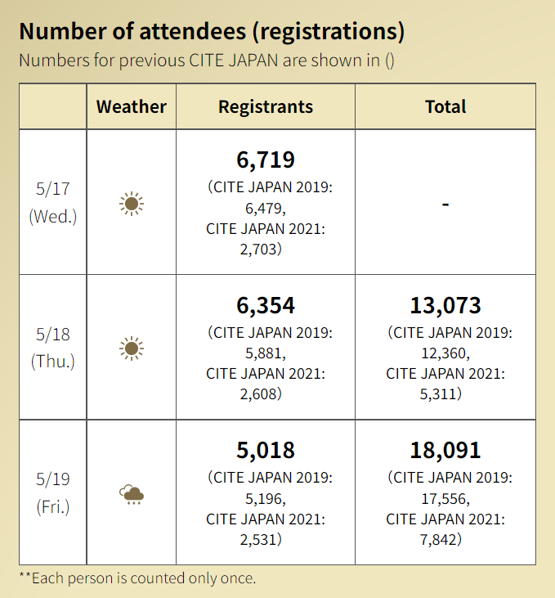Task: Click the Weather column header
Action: coord(131,106)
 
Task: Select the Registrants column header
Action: coord(266,106)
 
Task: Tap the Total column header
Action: coord(445,106)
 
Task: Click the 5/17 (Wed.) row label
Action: coord(53,202)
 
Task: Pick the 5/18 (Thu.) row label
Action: coord(53,348)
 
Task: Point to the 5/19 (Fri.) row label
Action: coord(53,493)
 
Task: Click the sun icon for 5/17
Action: coord(131,203)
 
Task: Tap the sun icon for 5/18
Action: coord(131,348)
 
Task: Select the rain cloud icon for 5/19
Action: coord(131,494)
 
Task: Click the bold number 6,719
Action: coord(266,160)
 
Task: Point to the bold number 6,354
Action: coord(266,306)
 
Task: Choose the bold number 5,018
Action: coord(266,451)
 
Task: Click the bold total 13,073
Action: coord(445,306)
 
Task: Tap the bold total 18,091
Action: coord(445,451)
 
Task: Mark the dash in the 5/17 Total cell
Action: coord(445,203)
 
